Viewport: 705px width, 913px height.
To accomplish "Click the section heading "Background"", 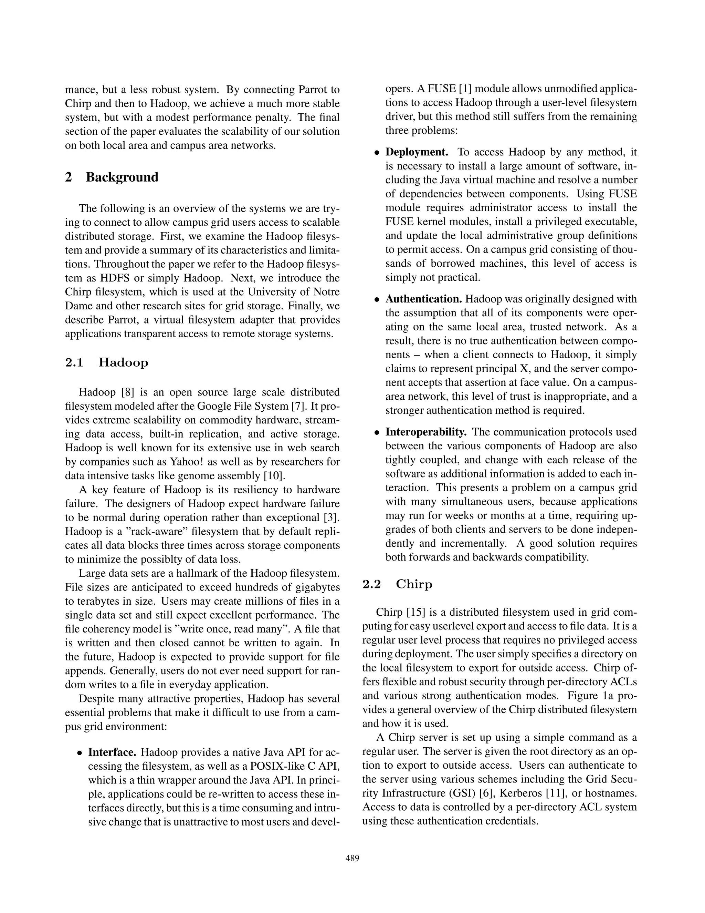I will pos(122,177).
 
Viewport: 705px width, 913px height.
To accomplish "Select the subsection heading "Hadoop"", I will pos(123,362).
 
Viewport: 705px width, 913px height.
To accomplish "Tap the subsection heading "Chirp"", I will pos(413,584).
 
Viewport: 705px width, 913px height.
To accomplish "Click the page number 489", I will pos(352,859).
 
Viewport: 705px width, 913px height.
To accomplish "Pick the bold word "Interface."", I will pos(112,752).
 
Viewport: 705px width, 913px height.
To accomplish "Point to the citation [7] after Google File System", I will pos(298,406).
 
